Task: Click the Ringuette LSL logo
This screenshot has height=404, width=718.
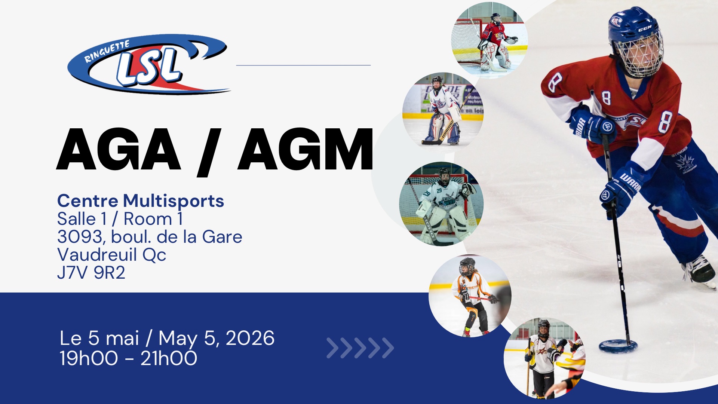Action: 149,64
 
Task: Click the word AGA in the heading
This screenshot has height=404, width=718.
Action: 119,150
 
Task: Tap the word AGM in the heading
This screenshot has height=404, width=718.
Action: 306,150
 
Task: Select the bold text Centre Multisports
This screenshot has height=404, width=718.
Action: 141,201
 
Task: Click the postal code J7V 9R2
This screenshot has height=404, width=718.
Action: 91,273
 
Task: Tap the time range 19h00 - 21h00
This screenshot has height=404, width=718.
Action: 128,358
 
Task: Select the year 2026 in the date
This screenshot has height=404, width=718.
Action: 250,338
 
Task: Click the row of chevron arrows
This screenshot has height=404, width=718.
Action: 360,348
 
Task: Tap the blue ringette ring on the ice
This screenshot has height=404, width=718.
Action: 618,346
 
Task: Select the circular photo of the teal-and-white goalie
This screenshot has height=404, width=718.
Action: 441,204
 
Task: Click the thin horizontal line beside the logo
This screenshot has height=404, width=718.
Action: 303,65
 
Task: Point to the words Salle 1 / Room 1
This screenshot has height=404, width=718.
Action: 120,219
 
